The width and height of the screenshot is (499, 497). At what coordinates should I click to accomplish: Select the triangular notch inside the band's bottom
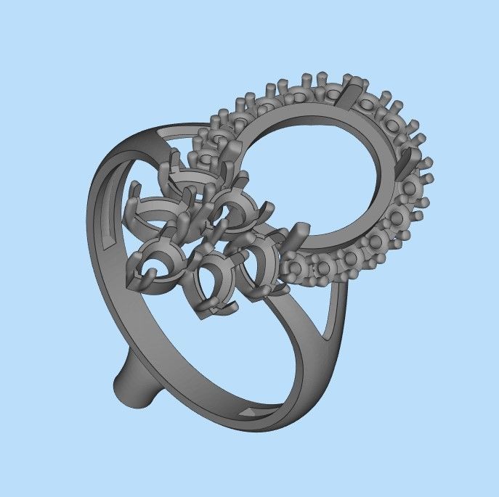(248, 411)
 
